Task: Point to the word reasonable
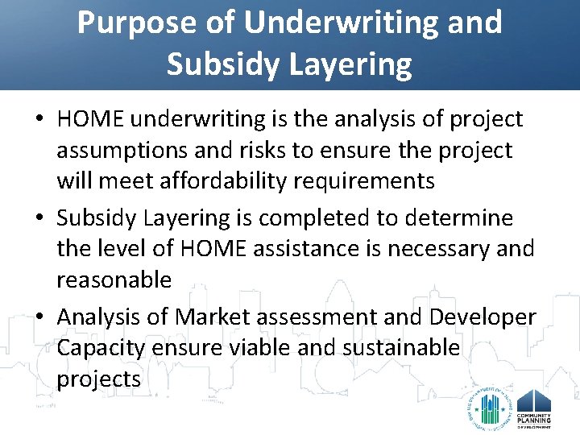114,280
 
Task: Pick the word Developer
483,317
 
